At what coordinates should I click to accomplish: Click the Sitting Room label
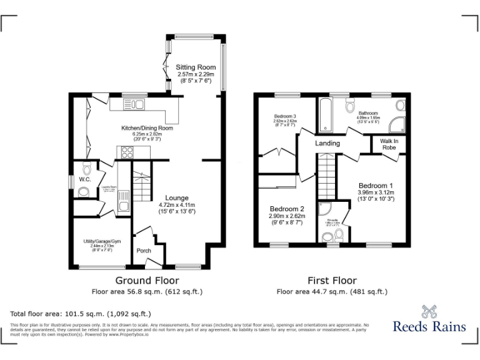pos(195,67)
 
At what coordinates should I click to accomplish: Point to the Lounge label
pos(176,198)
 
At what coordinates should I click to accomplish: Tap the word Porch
pos(143,251)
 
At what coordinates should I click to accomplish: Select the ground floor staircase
pos(144,186)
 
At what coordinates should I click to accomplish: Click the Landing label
pos(327,144)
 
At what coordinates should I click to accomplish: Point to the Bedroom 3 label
pos(285,116)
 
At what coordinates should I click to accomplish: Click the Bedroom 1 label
pos(375,186)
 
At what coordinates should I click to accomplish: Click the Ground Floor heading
pos(147,281)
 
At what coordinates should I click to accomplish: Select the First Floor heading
pos(332,281)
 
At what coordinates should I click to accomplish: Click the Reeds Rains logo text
pos(429,326)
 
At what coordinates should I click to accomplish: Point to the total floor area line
pos(81,314)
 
